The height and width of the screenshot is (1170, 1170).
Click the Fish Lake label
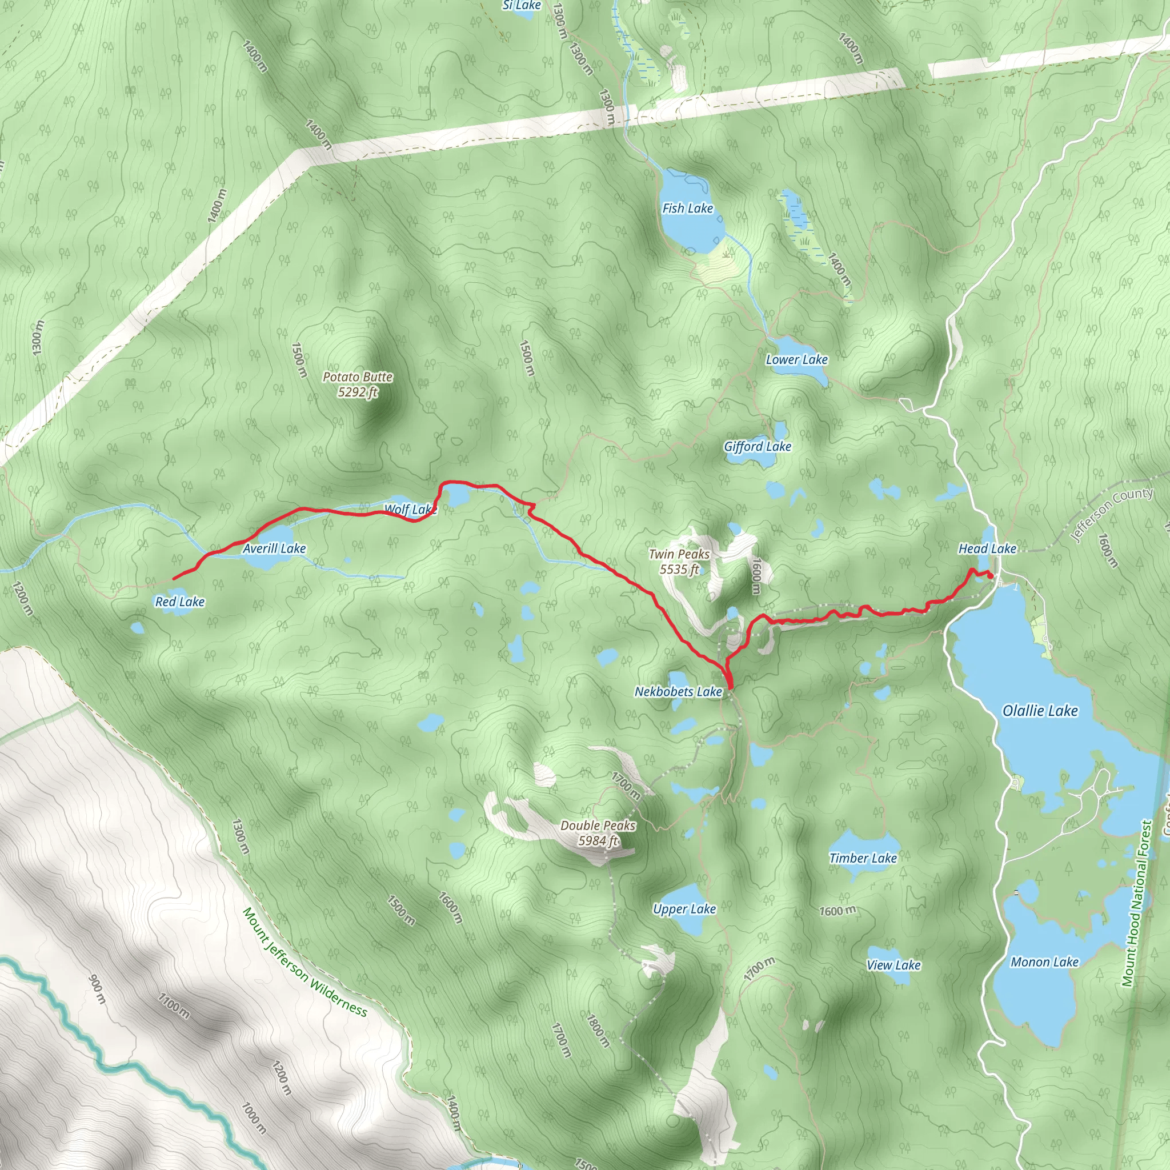[x=687, y=209]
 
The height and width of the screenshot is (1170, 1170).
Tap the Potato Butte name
[x=357, y=376]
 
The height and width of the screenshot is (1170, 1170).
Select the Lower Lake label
[x=796, y=359]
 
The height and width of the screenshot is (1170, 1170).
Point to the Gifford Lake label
[x=757, y=446]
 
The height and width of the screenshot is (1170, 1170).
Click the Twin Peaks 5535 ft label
[x=679, y=562]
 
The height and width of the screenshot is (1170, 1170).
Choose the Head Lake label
[x=987, y=548]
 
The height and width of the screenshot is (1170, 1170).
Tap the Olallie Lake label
[x=1040, y=710]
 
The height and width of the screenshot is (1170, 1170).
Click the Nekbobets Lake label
[x=678, y=692]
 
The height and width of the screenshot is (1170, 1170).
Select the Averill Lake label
[x=274, y=548]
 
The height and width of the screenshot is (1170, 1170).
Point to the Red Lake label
[x=180, y=602]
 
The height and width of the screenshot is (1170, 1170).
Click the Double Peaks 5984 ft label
[x=598, y=833]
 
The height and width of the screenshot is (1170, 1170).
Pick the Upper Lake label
[x=684, y=909]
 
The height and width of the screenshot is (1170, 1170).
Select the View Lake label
[x=893, y=965]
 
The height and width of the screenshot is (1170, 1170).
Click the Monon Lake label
[x=1044, y=962]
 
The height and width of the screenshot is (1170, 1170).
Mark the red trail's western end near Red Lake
[x=174, y=579]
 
